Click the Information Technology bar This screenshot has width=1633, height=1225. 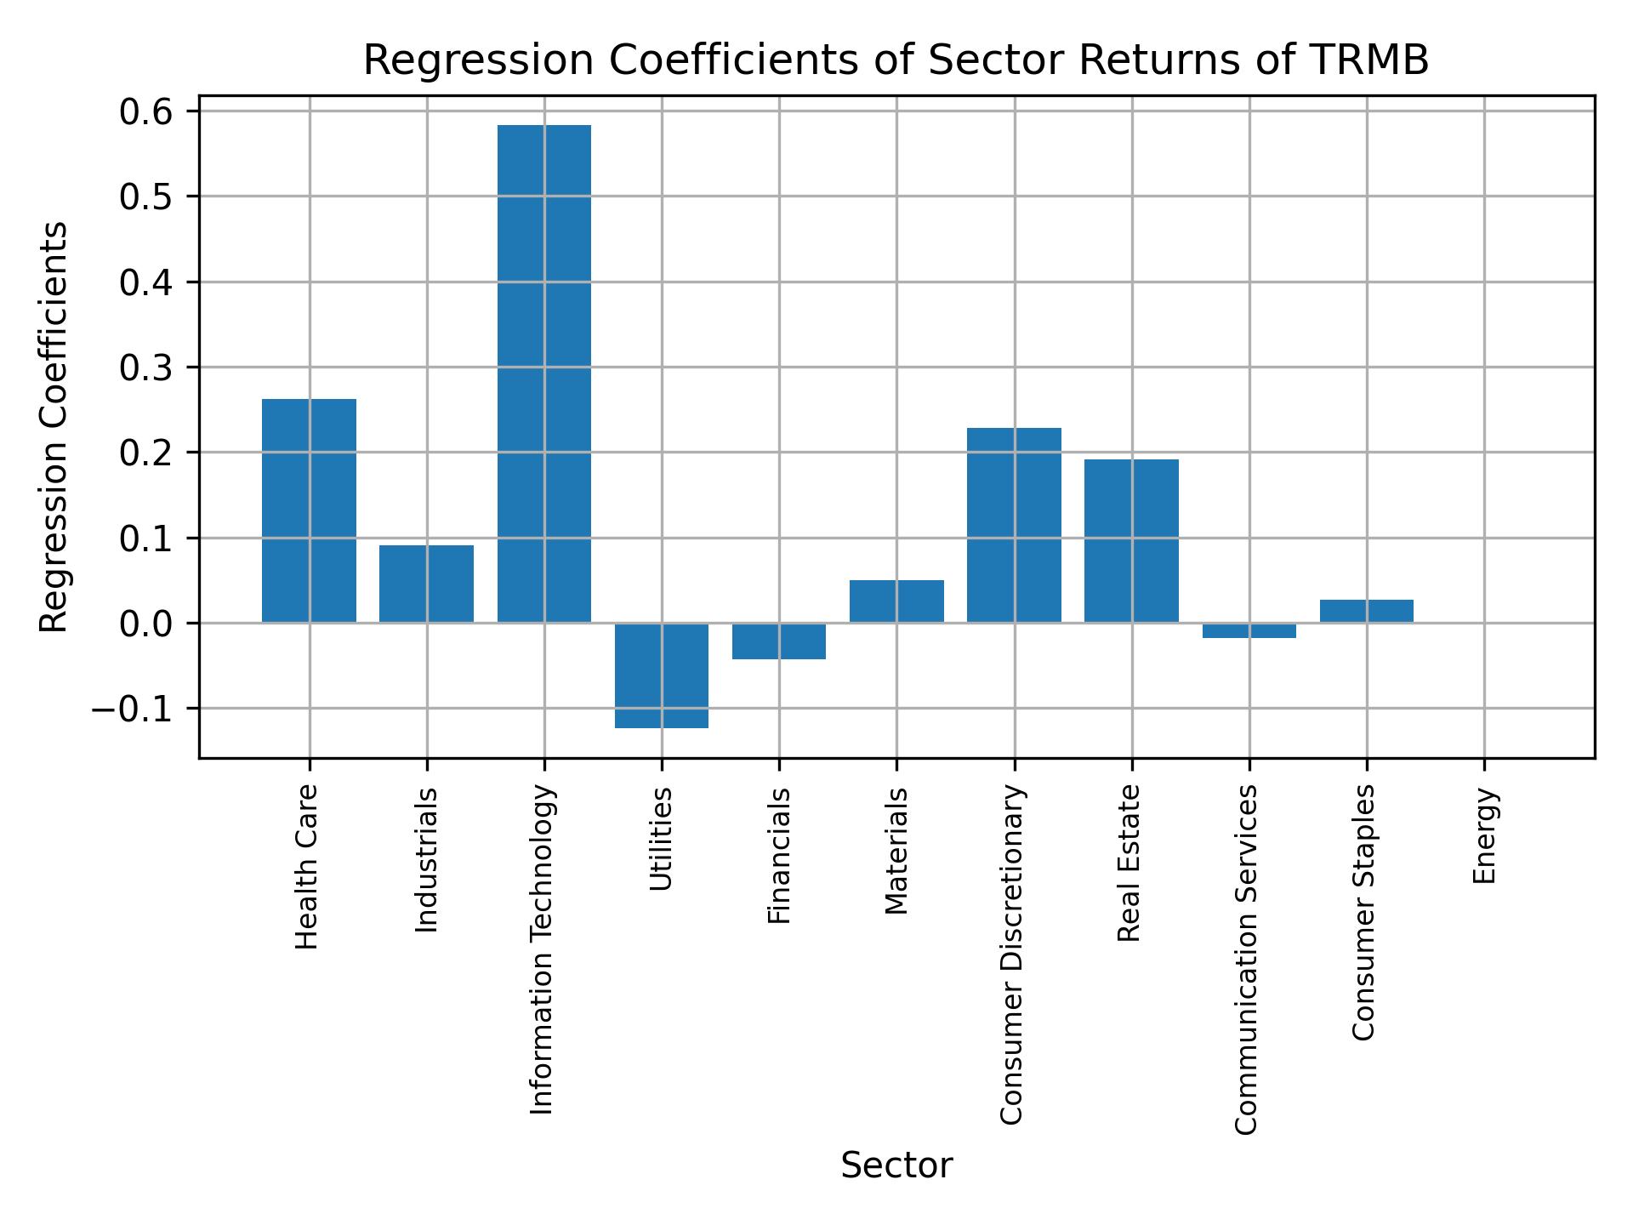(543, 374)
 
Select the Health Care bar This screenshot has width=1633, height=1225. (309, 510)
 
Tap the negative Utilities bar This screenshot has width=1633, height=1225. (662, 675)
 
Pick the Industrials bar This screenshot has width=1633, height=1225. (426, 584)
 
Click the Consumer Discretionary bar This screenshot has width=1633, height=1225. (1014, 525)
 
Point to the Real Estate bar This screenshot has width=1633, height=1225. (1131, 541)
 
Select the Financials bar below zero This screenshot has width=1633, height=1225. (779, 641)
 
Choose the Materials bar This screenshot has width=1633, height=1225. (896, 601)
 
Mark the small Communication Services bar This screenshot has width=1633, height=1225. (1249, 630)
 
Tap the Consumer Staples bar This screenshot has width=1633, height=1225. (1366, 611)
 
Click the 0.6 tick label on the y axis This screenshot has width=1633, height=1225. (146, 111)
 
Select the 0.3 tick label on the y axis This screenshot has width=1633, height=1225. (146, 367)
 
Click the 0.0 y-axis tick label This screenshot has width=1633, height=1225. (146, 624)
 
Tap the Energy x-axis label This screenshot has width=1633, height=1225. (1484, 836)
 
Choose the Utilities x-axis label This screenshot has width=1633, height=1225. (662, 839)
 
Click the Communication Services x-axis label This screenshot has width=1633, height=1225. (1247, 959)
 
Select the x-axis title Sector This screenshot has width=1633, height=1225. (896, 1165)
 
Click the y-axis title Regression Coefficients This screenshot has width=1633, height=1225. (54, 427)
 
